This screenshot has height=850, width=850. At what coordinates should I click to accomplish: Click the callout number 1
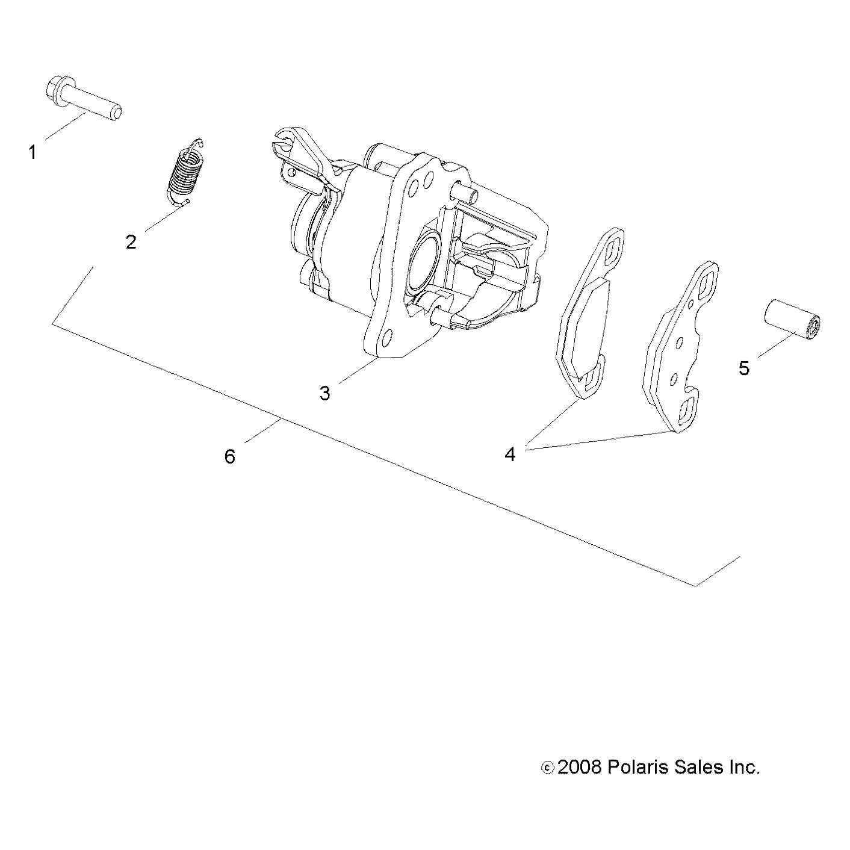point(33,153)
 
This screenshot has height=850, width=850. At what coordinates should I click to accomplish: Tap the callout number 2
point(131,242)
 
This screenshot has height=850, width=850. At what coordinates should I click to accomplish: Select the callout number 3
point(324,394)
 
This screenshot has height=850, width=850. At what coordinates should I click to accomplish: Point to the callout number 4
point(510,454)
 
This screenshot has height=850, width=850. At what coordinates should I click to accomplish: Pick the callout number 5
point(744,368)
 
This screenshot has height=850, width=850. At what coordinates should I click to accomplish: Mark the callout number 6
point(229,457)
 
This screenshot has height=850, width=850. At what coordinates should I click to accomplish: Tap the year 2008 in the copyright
point(579,768)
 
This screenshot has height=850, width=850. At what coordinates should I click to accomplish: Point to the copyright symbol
point(547,768)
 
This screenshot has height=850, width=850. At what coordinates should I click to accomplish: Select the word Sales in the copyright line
point(699,768)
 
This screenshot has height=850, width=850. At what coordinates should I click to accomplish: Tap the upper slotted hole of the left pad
point(612,249)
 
